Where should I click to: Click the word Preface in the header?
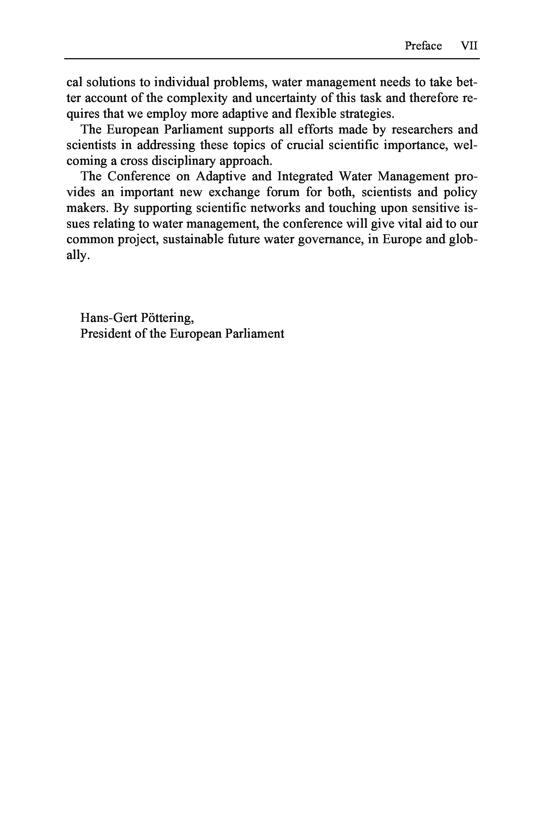click(x=423, y=46)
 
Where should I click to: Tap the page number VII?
click(x=469, y=46)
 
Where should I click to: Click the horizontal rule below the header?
click(x=272, y=59)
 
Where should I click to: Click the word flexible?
click(x=315, y=114)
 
